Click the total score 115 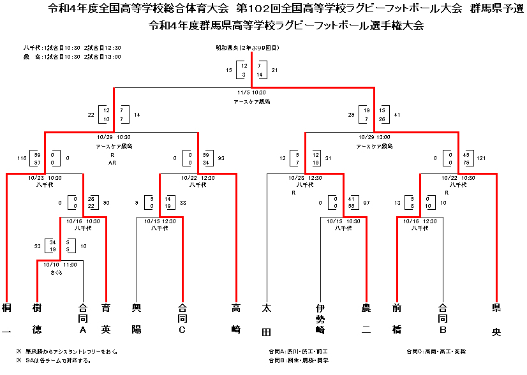coord(22,158)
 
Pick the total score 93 coord(221,158)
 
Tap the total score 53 coord(38,246)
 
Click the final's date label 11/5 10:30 coord(251,93)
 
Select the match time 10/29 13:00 coord(374,137)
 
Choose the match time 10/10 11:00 coord(60,265)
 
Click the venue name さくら coord(57,272)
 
